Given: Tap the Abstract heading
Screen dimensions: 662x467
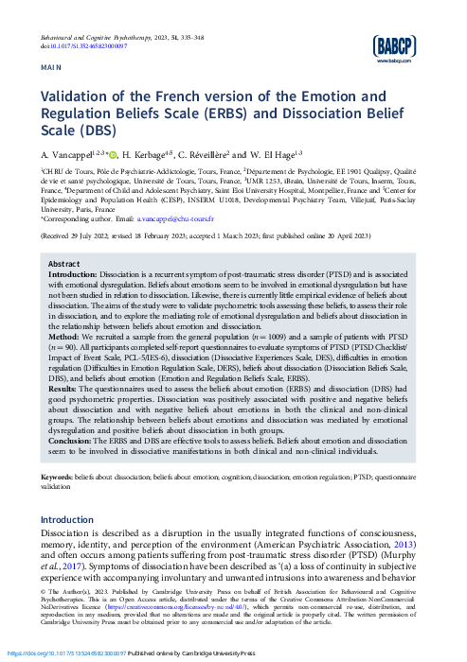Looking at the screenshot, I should pos(63,264).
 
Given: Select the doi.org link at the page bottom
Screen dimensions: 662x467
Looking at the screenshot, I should pos(67,653).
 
